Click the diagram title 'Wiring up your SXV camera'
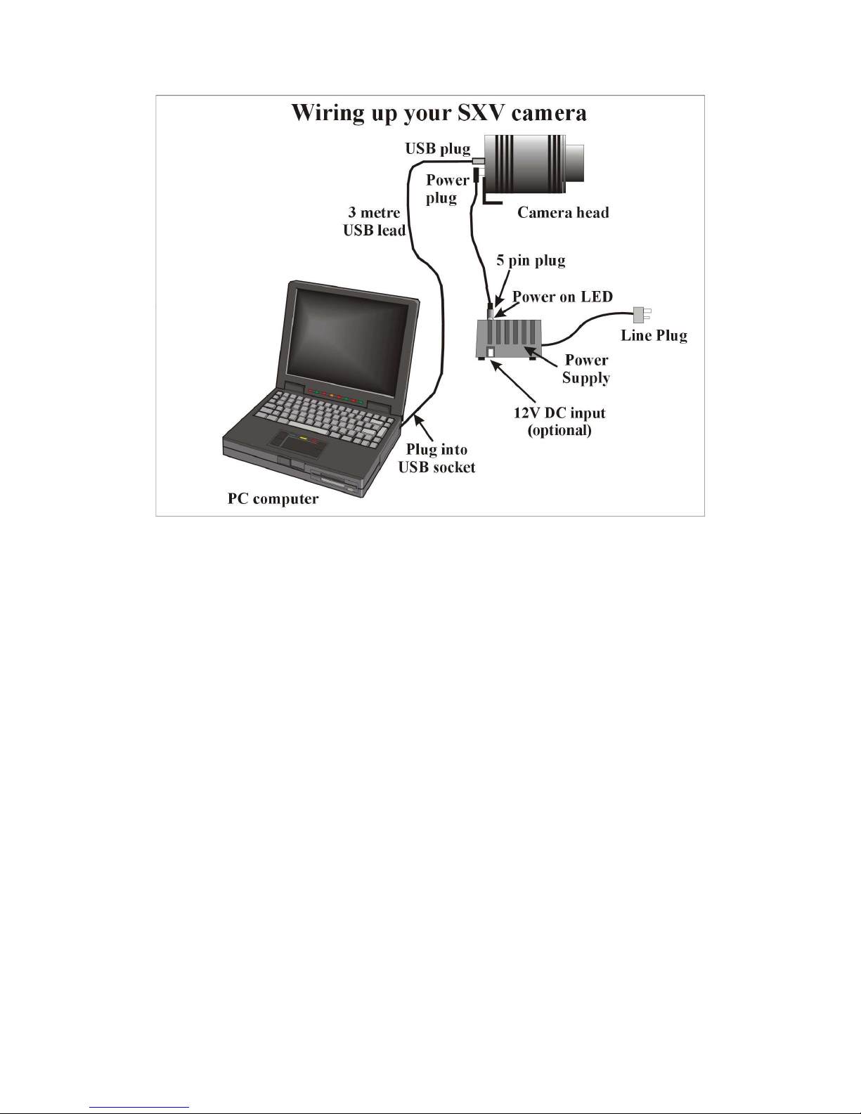click(439, 113)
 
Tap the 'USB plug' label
click(438, 149)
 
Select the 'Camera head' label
click(563, 212)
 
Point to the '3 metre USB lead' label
click(374, 221)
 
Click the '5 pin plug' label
click(531, 261)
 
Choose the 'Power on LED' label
click(562, 297)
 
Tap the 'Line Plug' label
click(654, 335)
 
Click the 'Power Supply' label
click(585, 368)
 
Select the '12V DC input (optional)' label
click(559, 422)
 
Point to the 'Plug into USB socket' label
click(436, 458)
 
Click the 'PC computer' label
click(273, 499)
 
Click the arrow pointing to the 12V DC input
click(513, 382)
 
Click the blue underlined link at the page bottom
click(138, 1108)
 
